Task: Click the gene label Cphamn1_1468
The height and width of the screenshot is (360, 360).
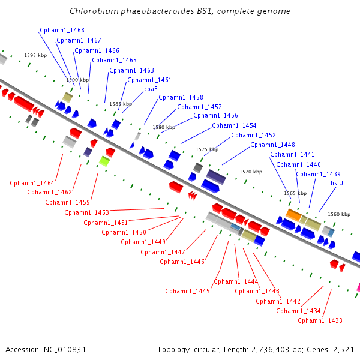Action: [x=62, y=31]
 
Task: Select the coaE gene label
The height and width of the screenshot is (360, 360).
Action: [x=151, y=89]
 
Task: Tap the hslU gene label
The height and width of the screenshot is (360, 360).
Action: [x=337, y=183]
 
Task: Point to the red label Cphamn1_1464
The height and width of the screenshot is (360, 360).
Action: [x=32, y=183]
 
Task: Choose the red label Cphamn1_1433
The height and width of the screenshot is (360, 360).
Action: [x=320, y=320]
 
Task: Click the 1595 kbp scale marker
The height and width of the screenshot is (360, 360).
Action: [x=35, y=55]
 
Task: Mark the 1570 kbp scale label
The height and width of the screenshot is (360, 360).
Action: [x=251, y=172]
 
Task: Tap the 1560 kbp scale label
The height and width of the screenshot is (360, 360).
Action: [x=339, y=214]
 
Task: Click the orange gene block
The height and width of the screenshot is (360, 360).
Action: [x=293, y=215]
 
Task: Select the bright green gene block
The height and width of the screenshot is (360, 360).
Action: [x=104, y=161]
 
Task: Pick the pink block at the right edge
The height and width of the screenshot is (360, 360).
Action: [x=358, y=287]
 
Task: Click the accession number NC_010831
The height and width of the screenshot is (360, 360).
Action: [x=65, y=350]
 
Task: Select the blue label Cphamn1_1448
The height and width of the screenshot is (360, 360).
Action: [x=272, y=145]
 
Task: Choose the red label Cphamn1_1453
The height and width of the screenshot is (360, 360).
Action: [x=86, y=212]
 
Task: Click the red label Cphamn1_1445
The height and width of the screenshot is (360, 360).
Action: [x=187, y=291]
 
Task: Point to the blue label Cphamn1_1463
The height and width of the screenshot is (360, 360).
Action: [x=131, y=70]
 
